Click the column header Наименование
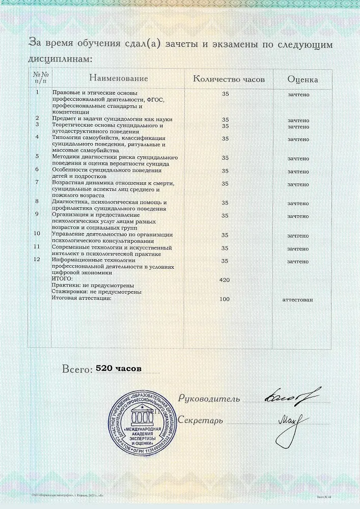(119, 78)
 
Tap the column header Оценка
(302, 79)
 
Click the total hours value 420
(225, 280)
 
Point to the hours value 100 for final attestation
(225, 299)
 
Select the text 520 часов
(119, 369)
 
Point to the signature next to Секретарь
(294, 422)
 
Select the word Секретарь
(201, 421)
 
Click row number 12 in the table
(36, 259)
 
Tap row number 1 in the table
(37, 92)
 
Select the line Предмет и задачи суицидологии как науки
(113, 119)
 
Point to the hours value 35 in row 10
(225, 236)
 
